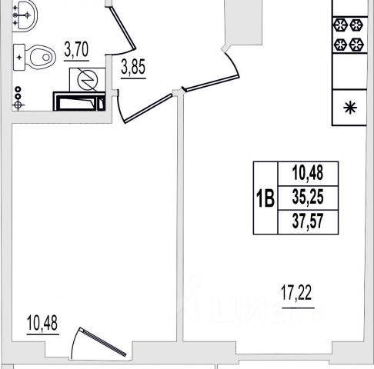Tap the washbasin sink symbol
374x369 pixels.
coord(25,15)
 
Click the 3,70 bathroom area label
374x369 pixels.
coord(76,50)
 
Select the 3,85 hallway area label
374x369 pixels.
coord(133,67)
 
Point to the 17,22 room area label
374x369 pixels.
coord(296,293)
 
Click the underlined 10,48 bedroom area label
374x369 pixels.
coord(42,323)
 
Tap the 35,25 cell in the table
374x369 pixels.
coord(308,198)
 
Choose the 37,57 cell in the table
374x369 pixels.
coord(308,221)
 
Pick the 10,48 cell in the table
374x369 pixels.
coord(308,174)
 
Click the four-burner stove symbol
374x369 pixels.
coord(349,35)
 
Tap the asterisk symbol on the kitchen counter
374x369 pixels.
coord(350,108)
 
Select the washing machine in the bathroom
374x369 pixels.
coord(79,101)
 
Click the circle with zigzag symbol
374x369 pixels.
coord(88,80)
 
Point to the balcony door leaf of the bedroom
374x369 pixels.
coord(103,342)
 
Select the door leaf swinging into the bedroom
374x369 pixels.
coord(149,108)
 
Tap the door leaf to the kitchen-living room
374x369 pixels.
coord(212,83)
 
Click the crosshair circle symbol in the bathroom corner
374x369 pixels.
coord(18,105)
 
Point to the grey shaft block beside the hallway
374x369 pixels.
coord(243,22)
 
